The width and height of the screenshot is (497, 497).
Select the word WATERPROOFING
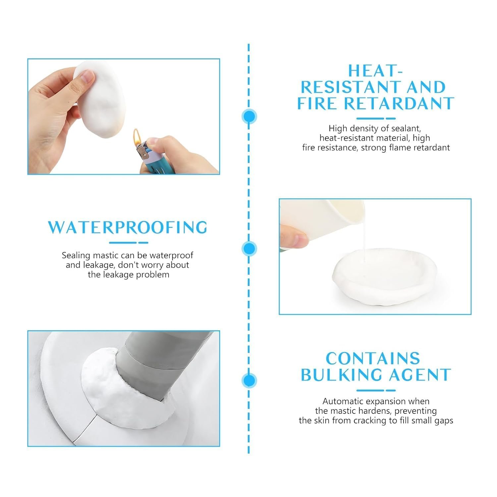128,227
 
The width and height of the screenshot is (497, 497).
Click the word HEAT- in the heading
375,71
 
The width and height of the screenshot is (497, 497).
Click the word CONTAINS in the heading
373,359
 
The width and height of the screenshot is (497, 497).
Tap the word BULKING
342,375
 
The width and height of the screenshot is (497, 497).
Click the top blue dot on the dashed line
249,117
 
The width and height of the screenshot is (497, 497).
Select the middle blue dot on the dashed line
249,248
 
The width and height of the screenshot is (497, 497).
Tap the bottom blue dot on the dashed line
249,380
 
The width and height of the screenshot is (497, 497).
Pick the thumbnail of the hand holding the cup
375,256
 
